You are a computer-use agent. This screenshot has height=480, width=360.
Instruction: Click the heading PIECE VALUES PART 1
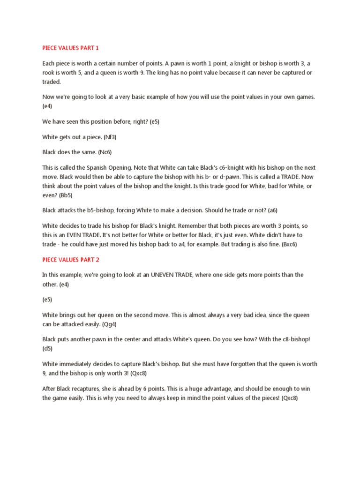click(x=71, y=48)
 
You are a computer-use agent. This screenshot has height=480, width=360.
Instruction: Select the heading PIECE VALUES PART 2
click(x=71, y=259)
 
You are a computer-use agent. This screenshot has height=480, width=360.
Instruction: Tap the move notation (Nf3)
click(x=111, y=137)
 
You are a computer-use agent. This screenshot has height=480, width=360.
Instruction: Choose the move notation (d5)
click(x=49, y=348)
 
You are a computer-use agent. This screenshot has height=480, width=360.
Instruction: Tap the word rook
click(x=49, y=73)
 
